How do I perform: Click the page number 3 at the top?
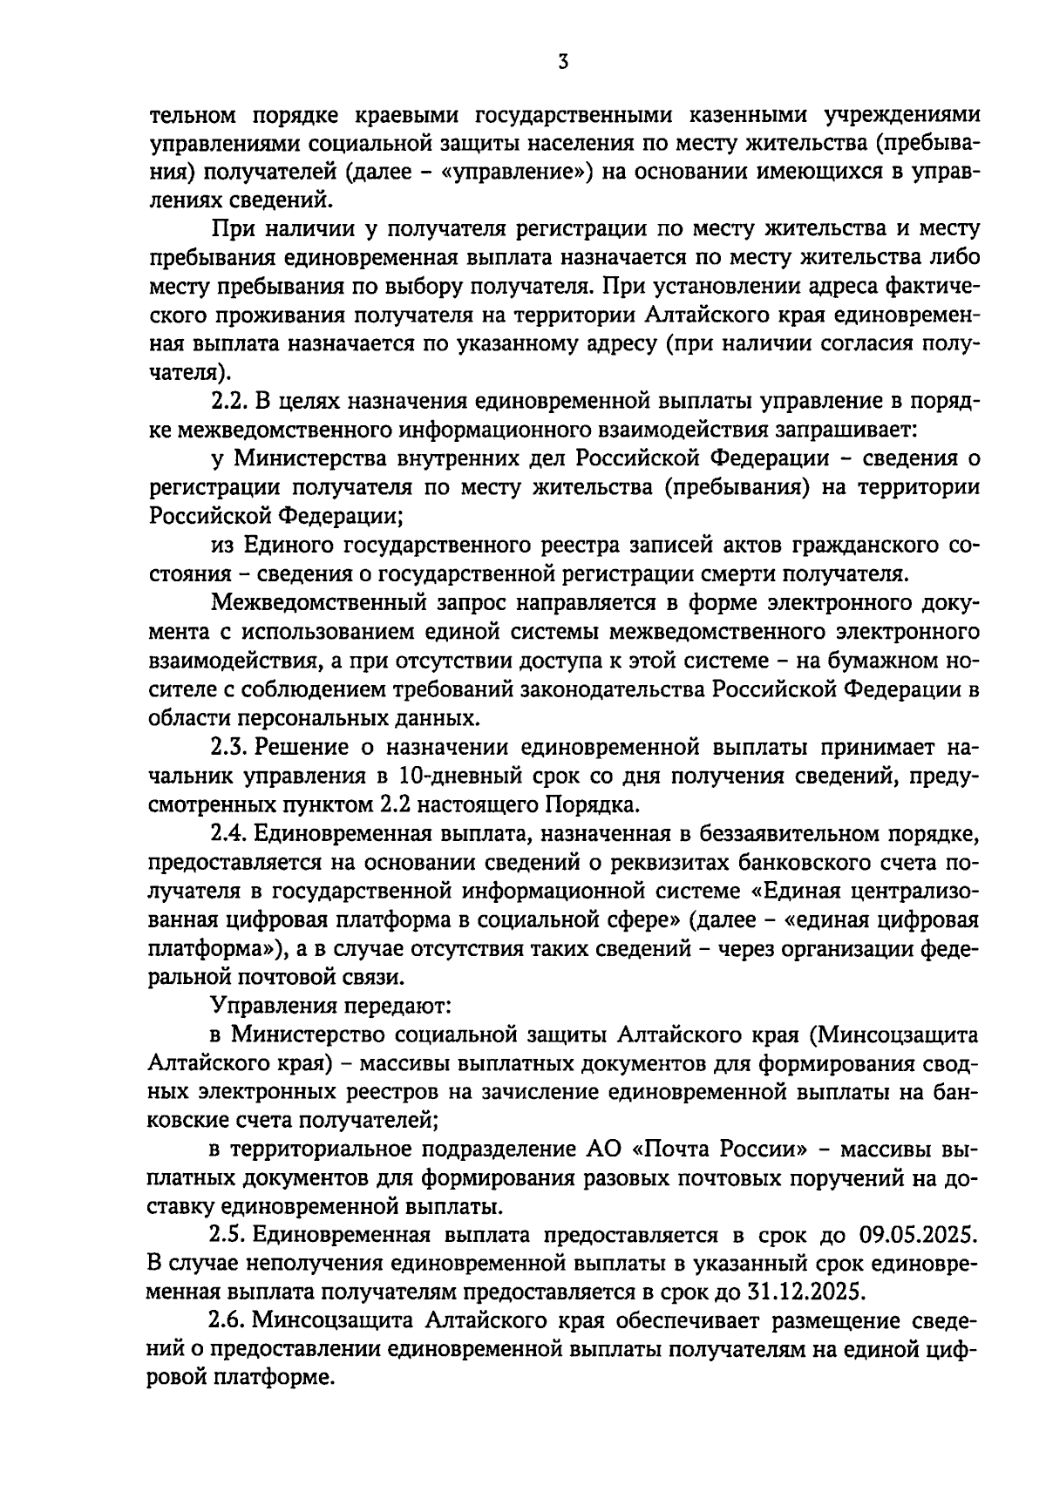[x=564, y=62]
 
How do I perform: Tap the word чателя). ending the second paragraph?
[x=191, y=374]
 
